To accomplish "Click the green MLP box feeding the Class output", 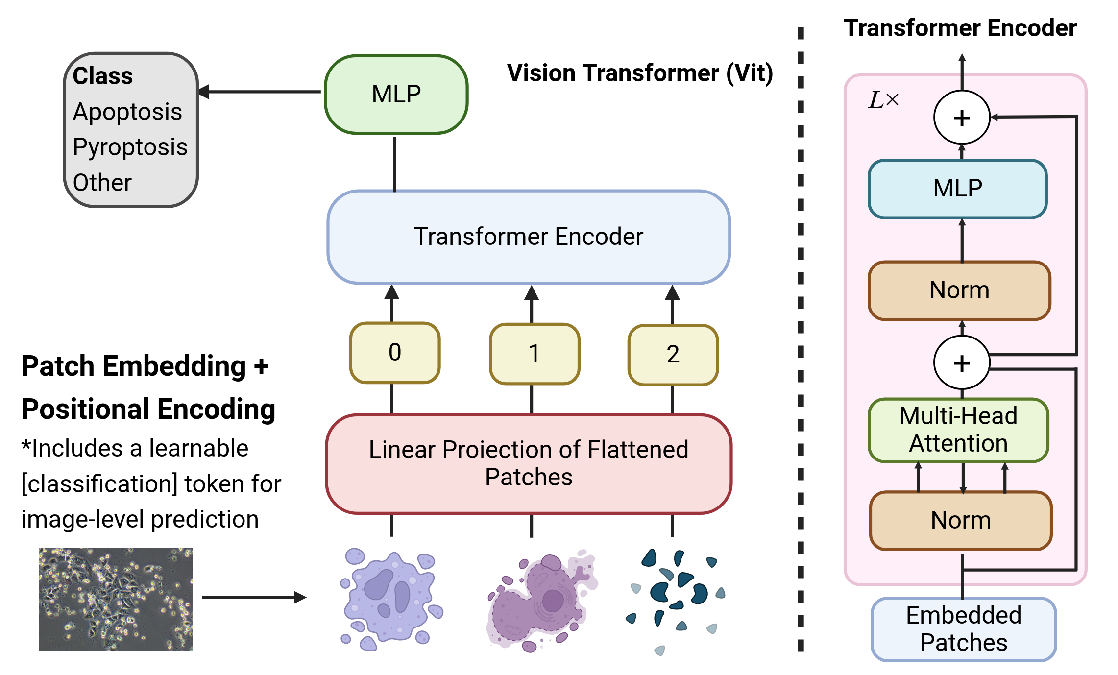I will click(x=396, y=94).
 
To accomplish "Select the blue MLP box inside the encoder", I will click(x=957, y=189).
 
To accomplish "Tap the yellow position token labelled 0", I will click(x=395, y=353).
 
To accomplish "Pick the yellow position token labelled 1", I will click(x=535, y=354).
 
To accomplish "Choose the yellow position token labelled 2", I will click(x=673, y=355).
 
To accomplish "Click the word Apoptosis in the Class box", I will click(x=127, y=112).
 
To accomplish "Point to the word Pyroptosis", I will click(x=130, y=147).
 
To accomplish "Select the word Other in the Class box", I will click(x=102, y=183).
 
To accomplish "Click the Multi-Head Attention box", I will click(x=958, y=430).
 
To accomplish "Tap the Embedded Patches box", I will click(x=963, y=629).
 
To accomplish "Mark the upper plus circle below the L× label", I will click(x=962, y=118).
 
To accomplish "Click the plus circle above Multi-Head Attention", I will click(x=962, y=363).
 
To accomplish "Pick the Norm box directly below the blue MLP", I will click(x=959, y=290).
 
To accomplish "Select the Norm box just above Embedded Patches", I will click(x=961, y=520).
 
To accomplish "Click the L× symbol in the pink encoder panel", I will click(x=883, y=100).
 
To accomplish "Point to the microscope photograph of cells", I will click(x=116, y=599).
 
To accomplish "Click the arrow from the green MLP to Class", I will click(x=260, y=92).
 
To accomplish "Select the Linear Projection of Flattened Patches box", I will click(x=529, y=463).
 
